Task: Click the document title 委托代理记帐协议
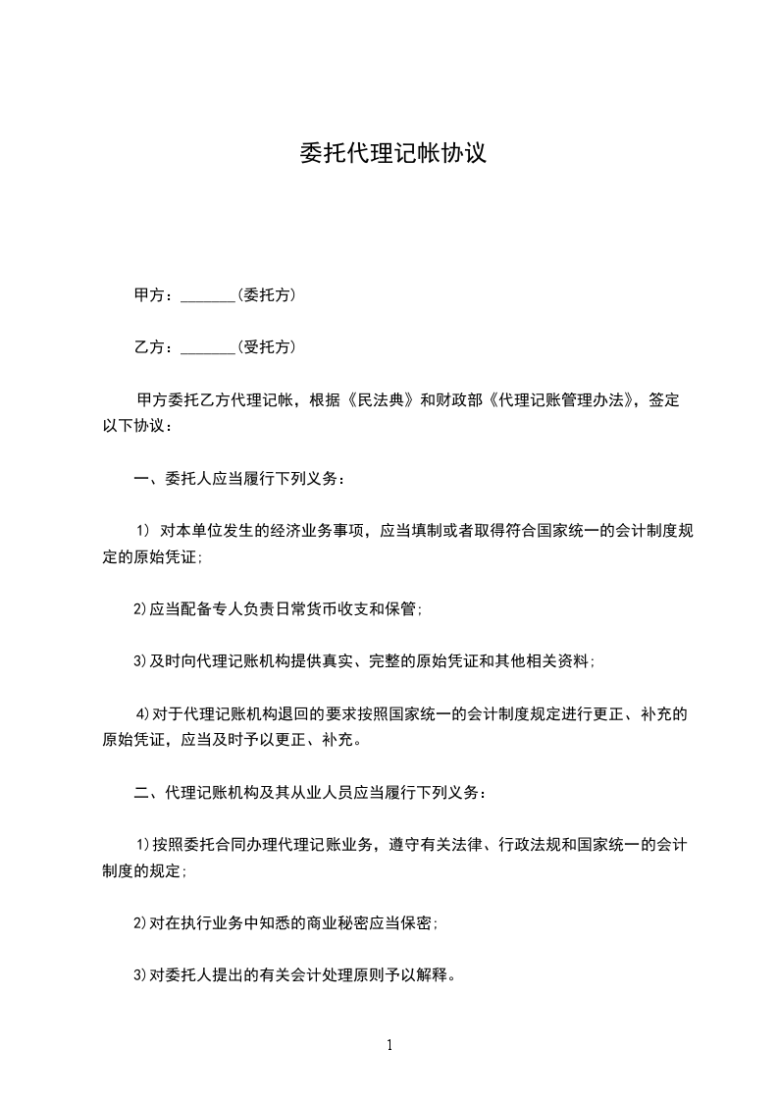tap(392, 154)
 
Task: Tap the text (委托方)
tap(266, 294)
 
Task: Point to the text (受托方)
tap(266, 346)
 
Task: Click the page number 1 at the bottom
tap(389, 1045)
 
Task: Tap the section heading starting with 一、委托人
tap(239, 479)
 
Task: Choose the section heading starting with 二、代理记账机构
tap(307, 791)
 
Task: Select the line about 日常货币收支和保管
tap(278, 609)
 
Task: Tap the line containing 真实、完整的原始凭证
tap(363, 661)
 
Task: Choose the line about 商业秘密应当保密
tap(285, 923)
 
